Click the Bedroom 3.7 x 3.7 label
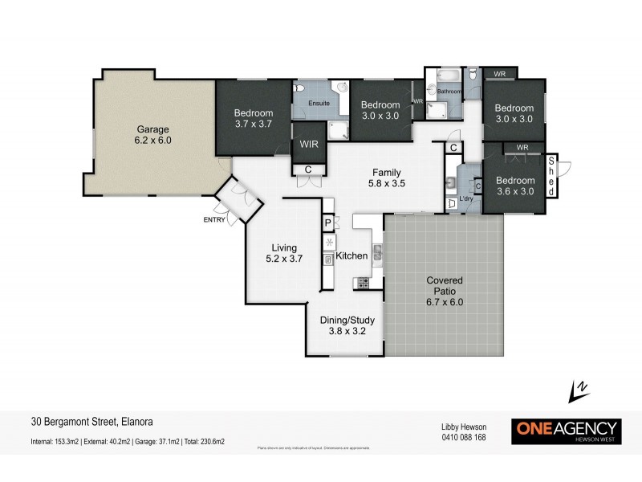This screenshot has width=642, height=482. click(x=254, y=118)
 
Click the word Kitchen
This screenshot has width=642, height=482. click(x=351, y=255)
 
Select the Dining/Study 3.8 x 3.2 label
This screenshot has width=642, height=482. click(x=346, y=323)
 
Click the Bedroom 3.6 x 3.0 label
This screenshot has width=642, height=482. click(x=514, y=186)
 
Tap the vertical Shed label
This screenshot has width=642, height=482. click(x=551, y=177)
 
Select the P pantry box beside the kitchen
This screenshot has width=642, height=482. click(x=327, y=223)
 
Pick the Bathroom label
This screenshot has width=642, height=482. click(x=449, y=92)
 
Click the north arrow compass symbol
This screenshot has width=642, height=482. click(x=575, y=392)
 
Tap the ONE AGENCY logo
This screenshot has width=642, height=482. click(x=566, y=430)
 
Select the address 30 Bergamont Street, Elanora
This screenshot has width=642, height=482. click(x=91, y=420)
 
